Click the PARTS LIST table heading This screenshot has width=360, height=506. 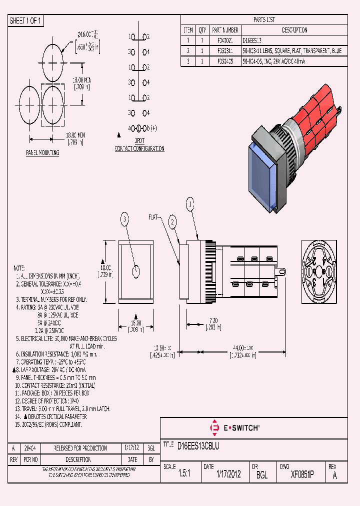(x=264, y=20)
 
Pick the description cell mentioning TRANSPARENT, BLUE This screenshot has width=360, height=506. (x=292, y=51)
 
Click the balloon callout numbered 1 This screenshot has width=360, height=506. (x=190, y=203)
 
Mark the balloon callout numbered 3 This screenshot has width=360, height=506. (x=125, y=218)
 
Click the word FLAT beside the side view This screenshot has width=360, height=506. (x=153, y=217)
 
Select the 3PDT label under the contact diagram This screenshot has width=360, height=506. (x=139, y=141)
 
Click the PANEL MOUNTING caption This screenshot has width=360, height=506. (x=42, y=152)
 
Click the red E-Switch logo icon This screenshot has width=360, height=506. (x=215, y=428)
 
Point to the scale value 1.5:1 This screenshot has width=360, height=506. (x=184, y=474)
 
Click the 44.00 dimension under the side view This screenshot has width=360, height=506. (x=242, y=347)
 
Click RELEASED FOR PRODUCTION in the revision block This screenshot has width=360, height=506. (x=80, y=448)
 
